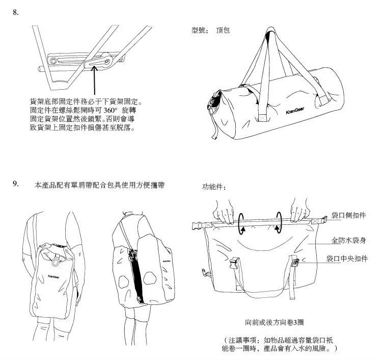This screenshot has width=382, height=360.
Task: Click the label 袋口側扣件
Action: (x=348, y=216)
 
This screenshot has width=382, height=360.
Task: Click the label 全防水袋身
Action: (x=348, y=239)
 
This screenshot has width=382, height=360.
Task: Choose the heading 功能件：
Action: (x=214, y=188)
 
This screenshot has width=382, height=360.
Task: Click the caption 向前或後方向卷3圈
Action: (x=275, y=323)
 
